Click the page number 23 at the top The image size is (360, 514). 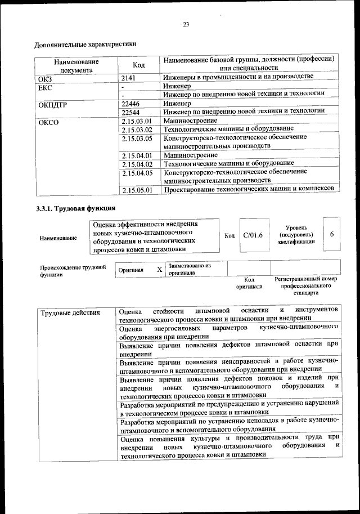(186, 24)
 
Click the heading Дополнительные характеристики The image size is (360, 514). (85, 43)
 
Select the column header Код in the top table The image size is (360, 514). (138, 65)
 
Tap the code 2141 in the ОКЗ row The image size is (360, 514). (129, 78)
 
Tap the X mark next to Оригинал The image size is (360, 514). (160, 270)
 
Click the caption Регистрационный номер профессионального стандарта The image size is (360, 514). (305, 286)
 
